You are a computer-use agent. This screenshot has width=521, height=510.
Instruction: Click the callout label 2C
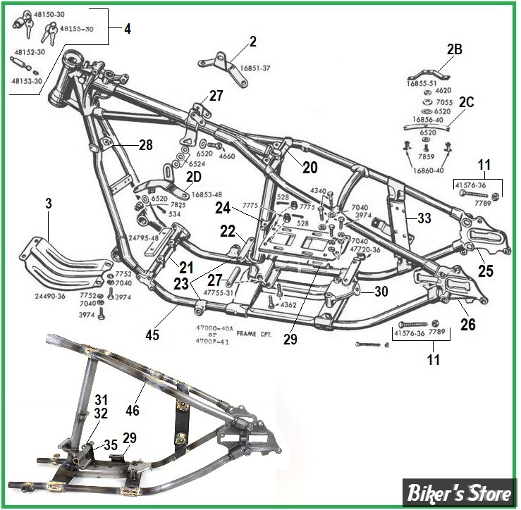point(467,101)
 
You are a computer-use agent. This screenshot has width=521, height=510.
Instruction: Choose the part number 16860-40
point(428,170)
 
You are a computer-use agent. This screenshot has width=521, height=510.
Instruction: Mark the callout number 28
point(145,146)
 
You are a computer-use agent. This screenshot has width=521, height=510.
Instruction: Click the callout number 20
point(310,168)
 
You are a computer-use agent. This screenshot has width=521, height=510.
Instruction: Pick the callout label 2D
point(194,175)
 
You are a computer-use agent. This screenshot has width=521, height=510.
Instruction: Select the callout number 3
point(48,204)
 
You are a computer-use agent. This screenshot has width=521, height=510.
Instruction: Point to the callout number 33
point(424,218)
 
